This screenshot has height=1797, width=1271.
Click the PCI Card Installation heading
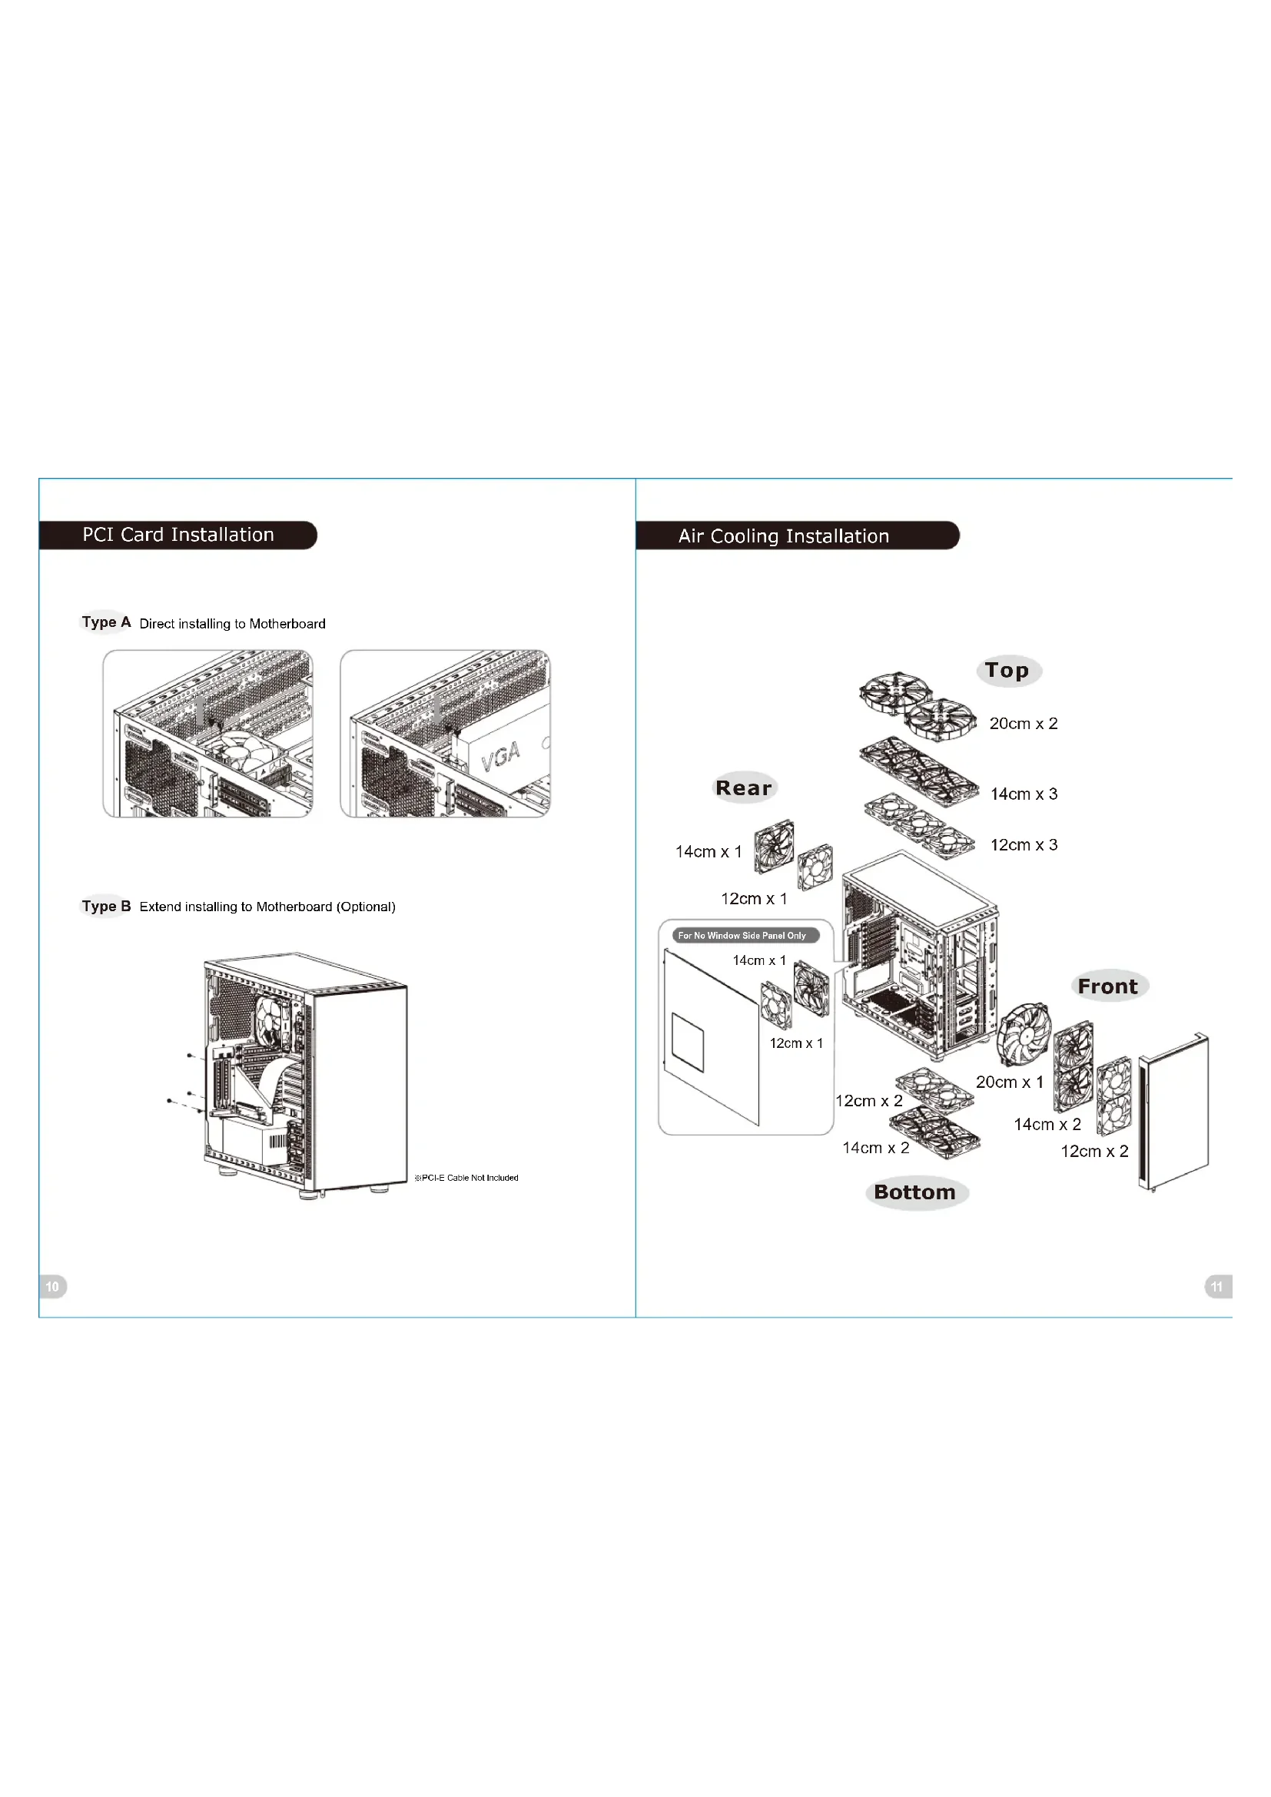178,535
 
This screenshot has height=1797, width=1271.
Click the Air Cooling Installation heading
783,536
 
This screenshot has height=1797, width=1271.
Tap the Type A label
105,622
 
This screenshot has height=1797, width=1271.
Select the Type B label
105,907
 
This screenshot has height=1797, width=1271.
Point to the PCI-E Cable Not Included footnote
466,1178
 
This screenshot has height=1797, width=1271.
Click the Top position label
1007,671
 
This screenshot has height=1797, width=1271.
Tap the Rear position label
744,788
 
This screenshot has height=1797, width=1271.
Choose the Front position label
1107,986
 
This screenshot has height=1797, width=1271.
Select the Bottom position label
915,1193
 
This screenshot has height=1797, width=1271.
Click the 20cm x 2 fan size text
1023,724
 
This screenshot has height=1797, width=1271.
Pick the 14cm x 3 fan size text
1024,794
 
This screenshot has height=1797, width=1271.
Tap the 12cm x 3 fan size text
1024,845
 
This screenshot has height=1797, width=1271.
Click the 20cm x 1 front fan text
1010,1083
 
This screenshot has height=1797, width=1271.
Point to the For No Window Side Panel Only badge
742,935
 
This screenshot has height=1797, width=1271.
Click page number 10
52,1287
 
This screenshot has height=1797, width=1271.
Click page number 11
1216,1287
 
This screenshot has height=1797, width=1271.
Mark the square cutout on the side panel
688,1043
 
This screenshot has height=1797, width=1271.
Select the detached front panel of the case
1174,1112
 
